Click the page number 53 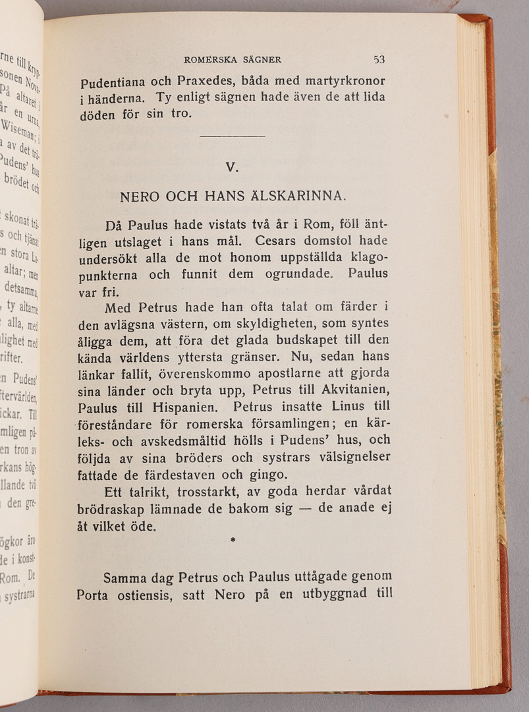(379, 59)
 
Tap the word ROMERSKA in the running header (208, 59)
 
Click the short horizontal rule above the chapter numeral (231, 136)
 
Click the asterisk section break (233, 540)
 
